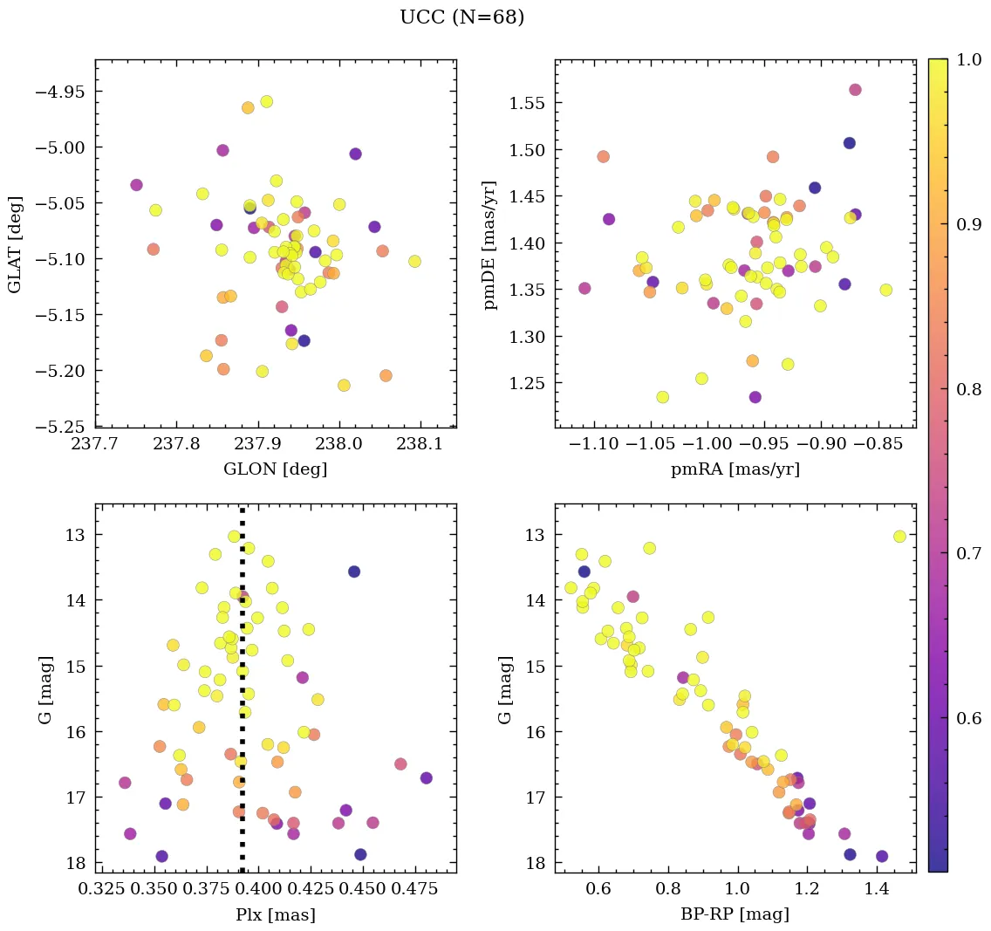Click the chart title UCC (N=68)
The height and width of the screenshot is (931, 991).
461,17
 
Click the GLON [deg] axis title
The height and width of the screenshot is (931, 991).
276,469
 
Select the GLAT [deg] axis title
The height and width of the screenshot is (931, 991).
15,243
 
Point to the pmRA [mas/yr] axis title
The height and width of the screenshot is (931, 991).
735,469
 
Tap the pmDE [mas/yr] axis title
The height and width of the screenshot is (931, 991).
492,243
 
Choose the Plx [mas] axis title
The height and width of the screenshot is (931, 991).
276,915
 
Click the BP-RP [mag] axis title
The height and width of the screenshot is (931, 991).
735,915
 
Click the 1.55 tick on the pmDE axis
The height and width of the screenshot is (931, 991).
529,104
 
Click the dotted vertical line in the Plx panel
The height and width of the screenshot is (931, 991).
242,698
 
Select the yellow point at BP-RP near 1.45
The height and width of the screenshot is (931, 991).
899,536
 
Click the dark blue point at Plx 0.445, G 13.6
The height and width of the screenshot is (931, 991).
353,572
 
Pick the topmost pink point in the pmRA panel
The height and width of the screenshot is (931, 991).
855,90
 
